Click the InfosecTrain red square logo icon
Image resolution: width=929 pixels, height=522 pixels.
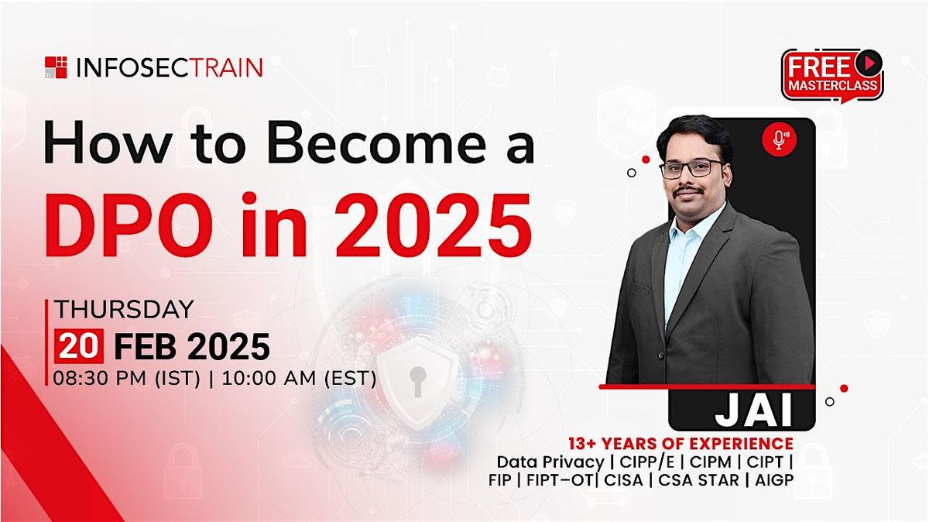coord(56,67)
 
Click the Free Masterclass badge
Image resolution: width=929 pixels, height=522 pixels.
coord(832,75)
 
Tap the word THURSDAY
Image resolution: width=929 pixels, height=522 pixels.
coord(123,310)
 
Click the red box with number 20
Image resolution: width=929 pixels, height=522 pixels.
coord(78,346)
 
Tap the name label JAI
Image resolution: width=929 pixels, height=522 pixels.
coord(754,411)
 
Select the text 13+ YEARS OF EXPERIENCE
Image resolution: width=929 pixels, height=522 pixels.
coord(680,444)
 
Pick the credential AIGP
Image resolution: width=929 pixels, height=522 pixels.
coord(772,479)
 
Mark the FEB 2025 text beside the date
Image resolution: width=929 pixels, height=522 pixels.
coord(191,346)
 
